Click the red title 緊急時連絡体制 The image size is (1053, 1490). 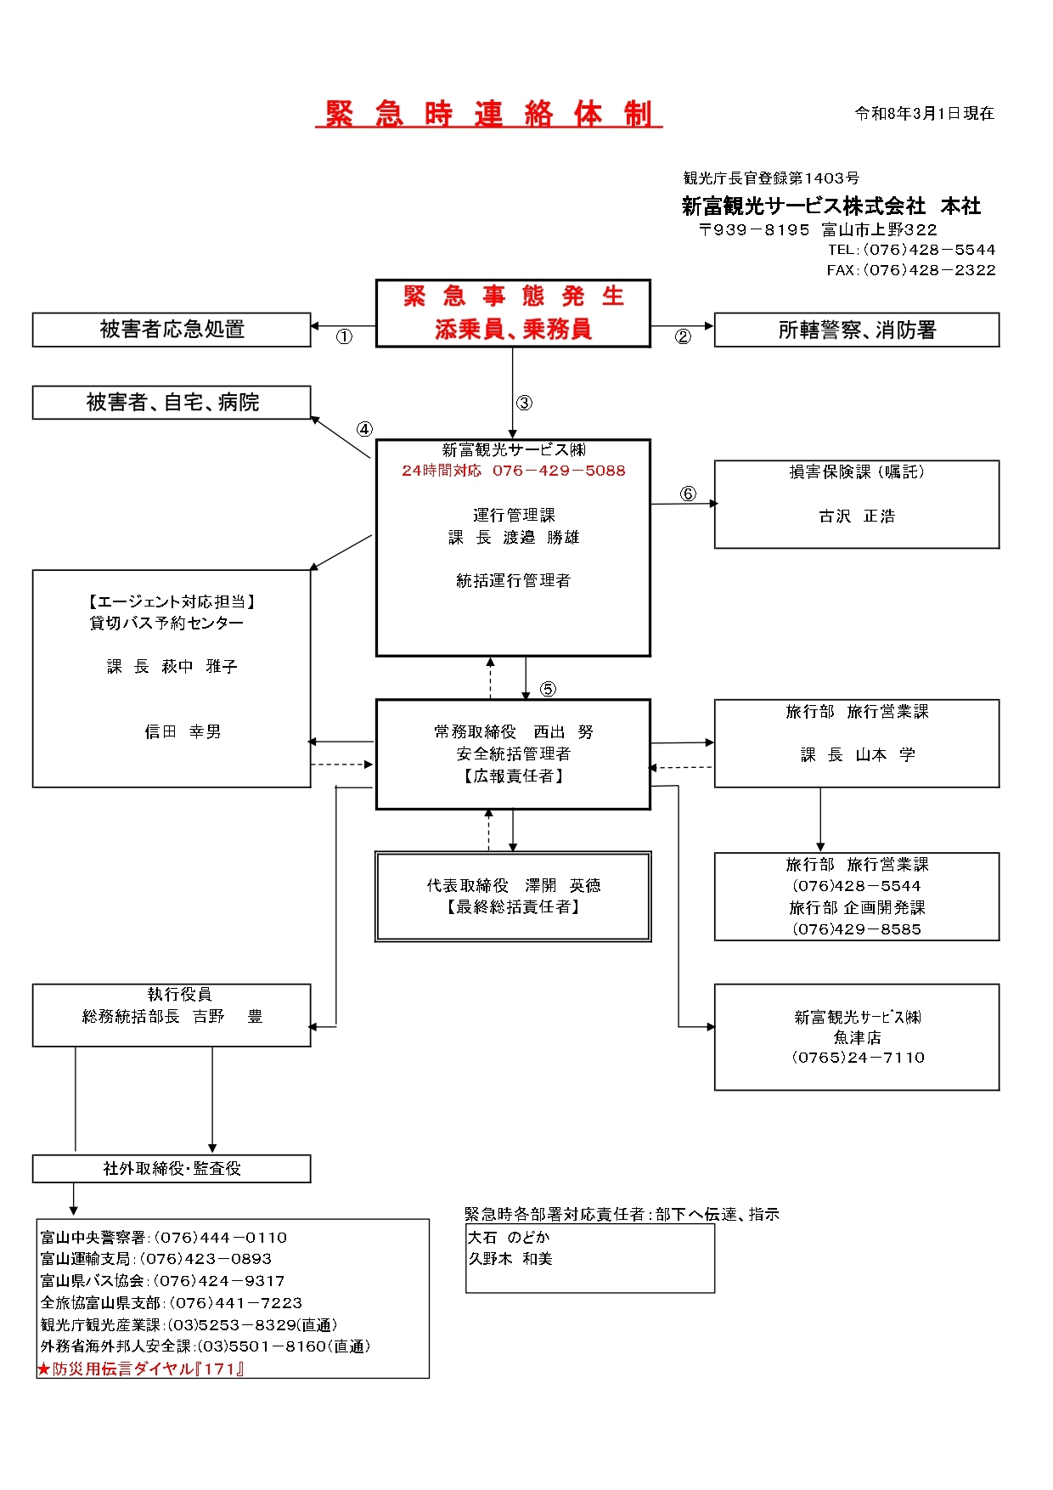(489, 114)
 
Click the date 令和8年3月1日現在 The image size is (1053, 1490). (924, 114)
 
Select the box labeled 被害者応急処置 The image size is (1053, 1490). (172, 330)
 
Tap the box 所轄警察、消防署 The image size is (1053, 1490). (856, 330)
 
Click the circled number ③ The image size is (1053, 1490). (525, 404)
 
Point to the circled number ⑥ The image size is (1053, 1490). (688, 494)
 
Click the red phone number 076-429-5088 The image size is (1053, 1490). (558, 471)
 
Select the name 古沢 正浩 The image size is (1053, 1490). (856, 516)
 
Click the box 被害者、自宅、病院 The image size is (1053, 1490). (172, 403)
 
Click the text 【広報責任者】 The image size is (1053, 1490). (513, 776)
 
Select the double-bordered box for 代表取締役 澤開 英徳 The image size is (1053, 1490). (513, 896)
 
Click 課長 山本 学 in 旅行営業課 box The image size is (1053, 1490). (858, 755)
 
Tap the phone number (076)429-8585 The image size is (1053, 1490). (856, 929)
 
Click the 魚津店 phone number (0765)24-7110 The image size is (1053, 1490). (858, 1058)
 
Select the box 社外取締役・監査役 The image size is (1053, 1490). (172, 1169)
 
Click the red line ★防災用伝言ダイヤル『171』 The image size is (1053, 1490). (141, 1369)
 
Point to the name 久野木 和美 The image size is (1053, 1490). (510, 1259)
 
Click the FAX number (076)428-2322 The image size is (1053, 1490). (928, 270)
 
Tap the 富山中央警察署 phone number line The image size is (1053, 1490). (164, 1238)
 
